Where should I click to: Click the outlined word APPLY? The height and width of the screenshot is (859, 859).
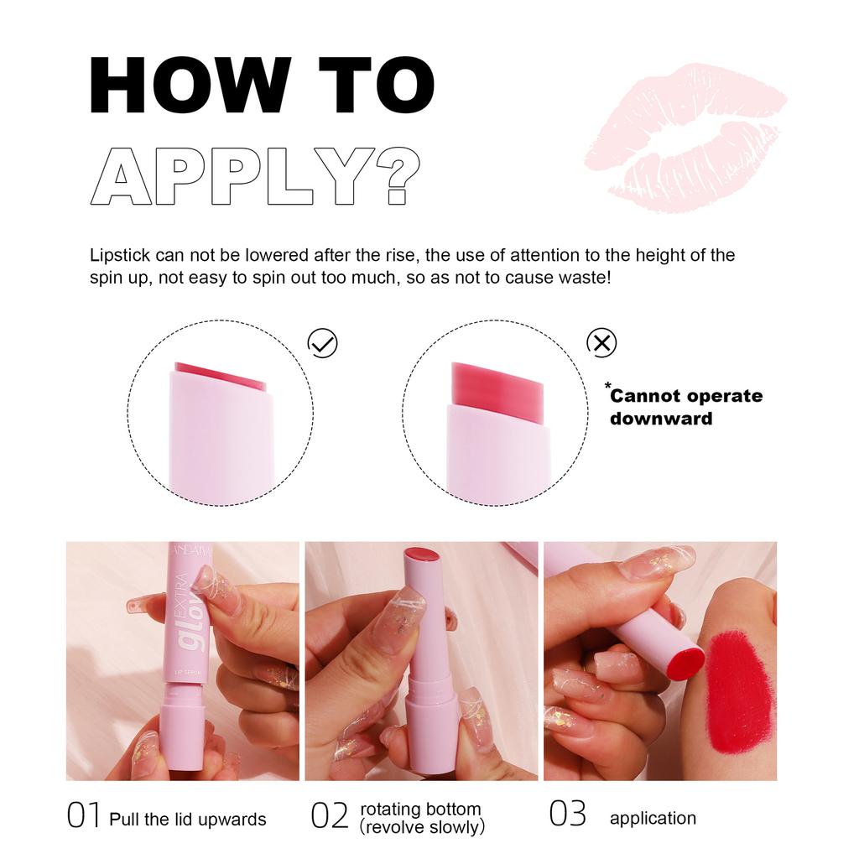[x=255, y=177]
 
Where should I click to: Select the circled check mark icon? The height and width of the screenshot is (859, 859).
[x=323, y=342]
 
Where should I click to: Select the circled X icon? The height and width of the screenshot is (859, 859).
[x=601, y=342]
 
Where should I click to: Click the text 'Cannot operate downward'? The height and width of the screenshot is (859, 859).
[x=686, y=407]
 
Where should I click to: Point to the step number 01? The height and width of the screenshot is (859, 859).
[x=83, y=816]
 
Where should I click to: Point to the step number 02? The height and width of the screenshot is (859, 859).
[x=329, y=816]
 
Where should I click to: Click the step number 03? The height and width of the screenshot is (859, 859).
[x=568, y=815]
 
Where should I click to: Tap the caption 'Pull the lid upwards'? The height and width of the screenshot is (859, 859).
[x=188, y=820]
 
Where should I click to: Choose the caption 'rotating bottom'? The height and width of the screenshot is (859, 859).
[x=420, y=810]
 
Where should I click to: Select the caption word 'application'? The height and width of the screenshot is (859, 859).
[x=653, y=819]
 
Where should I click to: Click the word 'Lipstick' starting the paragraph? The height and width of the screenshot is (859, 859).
[x=118, y=255]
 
